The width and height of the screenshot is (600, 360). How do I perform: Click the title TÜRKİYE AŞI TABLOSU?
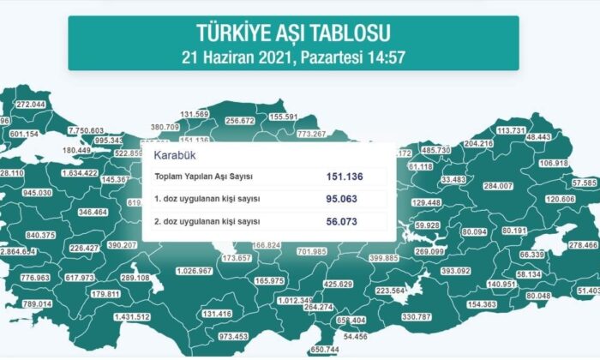pyautogui.click(x=293, y=34)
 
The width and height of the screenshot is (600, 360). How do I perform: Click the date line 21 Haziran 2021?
pyautogui.click(x=293, y=59)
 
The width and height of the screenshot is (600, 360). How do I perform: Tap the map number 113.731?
pyautogui.click(x=511, y=130)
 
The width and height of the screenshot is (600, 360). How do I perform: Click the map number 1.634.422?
pyautogui.click(x=81, y=172)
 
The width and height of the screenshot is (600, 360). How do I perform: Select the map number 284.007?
pyautogui.click(x=498, y=186)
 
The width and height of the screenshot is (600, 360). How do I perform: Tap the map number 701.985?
pyautogui.click(x=312, y=251)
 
